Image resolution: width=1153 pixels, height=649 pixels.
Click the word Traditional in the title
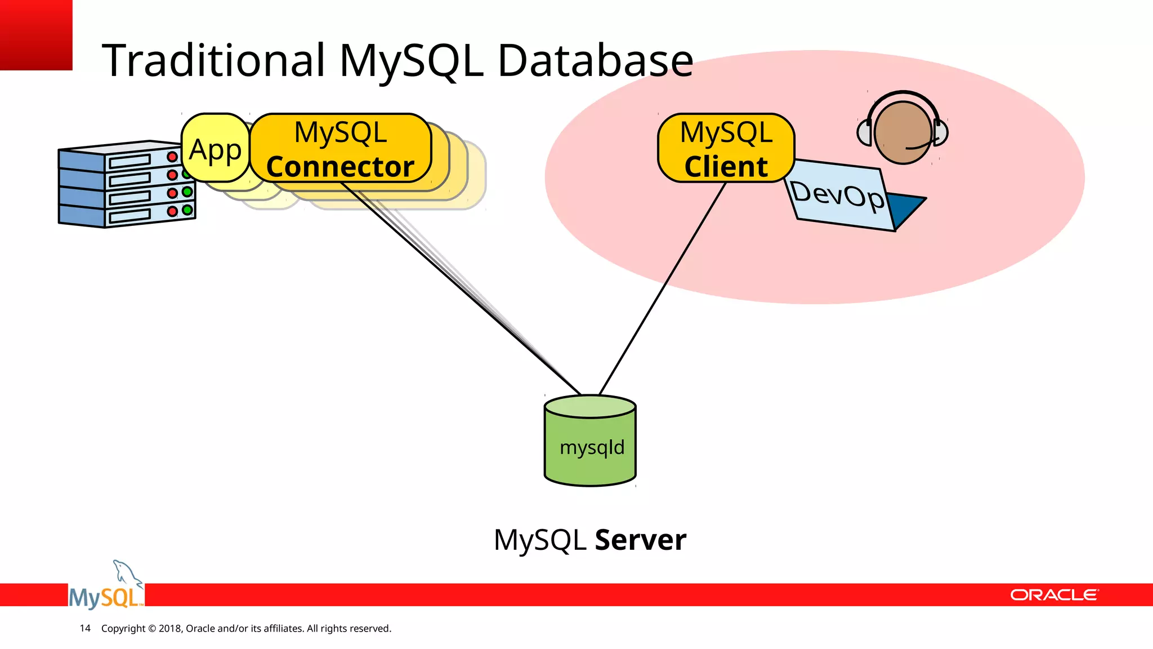[x=213, y=60]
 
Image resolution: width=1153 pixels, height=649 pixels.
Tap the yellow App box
[x=215, y=149]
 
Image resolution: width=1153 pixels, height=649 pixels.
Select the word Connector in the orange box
[x=340, y=167]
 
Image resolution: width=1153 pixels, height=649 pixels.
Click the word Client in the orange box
[x=726, y=167]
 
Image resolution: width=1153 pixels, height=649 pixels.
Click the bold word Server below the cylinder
[x=640, y=540]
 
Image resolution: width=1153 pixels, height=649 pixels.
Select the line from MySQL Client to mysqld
[x=662, y=288]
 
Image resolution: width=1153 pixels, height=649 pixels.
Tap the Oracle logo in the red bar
[x=1053, y=595]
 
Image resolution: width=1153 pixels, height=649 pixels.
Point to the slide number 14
[x=85, y=628]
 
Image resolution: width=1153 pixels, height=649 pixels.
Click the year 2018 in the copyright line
[x=169, y=628]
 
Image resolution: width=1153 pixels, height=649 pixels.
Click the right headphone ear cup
[x=941, y=133]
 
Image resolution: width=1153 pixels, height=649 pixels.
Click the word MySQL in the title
[x=411, y=60]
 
